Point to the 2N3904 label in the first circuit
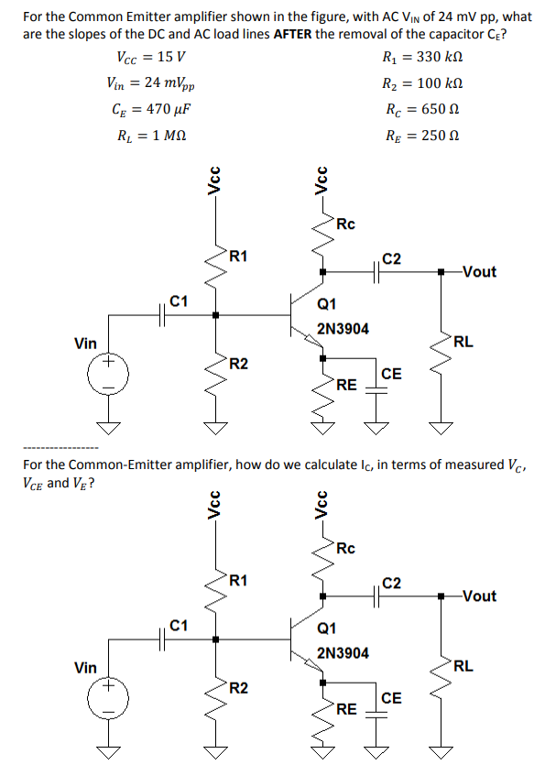pos(343,329)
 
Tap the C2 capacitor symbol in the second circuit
pos(377,596)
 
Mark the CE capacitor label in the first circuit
pos(391,373)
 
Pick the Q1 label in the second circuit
pos(326,629)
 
